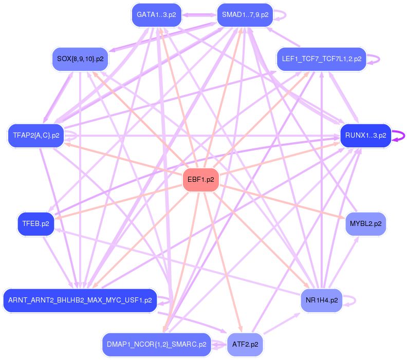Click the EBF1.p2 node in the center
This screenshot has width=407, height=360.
pos(200,180)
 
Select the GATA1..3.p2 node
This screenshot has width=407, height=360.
pos(157,15)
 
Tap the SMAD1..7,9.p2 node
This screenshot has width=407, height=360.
pos(245,15)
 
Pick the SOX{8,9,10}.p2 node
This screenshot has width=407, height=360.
pos(80,59)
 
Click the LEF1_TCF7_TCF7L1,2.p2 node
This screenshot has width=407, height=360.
pos(322,59)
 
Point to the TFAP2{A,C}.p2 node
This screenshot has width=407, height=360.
pos(36,136)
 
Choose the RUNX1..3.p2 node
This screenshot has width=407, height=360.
pos(365,136)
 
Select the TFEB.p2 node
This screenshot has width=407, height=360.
pos(35,223)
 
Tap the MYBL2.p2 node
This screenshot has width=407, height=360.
pos(365,223)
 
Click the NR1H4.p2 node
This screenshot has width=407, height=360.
pos(321,300)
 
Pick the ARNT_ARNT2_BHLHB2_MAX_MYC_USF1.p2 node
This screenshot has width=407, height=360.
pos(80,300)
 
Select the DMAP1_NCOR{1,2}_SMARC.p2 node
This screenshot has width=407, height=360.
pos(157,344)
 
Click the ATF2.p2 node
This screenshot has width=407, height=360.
pos(245,344)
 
